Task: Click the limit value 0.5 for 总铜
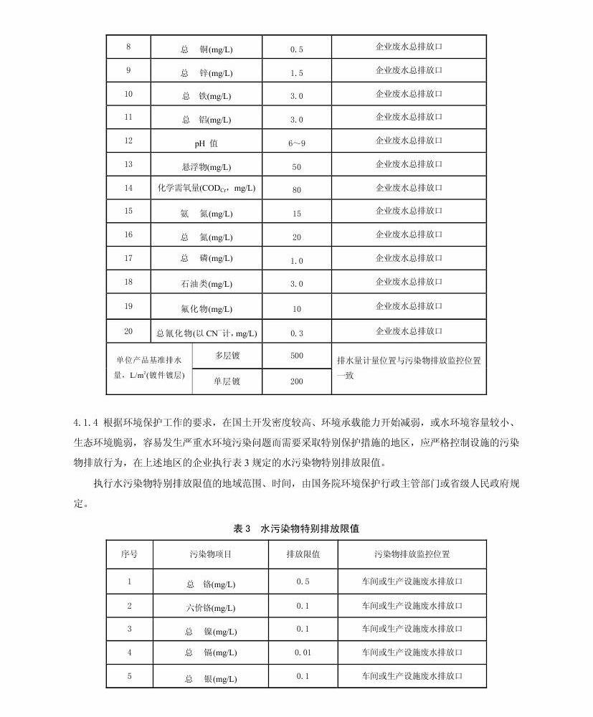click(x=297, y=49)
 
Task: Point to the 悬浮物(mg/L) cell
click(x=207, y=167)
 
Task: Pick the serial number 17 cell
click(x=128, y=258)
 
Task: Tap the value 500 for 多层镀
click(x=297, y=356)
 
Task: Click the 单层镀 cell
click(x=227, y=381)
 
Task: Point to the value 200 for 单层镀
click(x=297, y=381)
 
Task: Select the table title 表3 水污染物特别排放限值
click(x=296, y=529)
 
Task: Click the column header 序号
click(x=129, y=554)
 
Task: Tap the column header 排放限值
click(x=303, y=554)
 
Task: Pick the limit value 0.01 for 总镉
click(x=303, y=652)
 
